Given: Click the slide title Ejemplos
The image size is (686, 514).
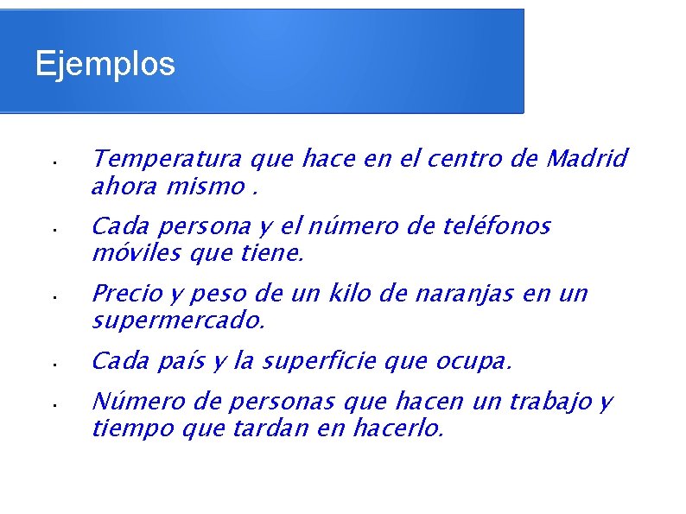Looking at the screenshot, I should (x=105, y=63).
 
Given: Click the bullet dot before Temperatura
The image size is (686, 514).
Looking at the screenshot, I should (x=53, y=162).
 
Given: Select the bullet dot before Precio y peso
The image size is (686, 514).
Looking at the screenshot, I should (x=53, y=296).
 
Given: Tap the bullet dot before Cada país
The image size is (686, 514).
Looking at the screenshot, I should (x=53, y=364).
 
